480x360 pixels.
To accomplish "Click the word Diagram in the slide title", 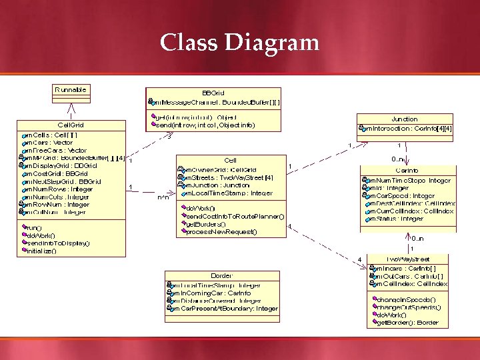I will [x=272, y=43].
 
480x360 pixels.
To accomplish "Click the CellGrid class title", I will [x=71, y=125].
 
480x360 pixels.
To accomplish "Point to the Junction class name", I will [x=405, y=119].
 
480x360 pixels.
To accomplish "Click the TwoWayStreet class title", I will [x=407, y=259].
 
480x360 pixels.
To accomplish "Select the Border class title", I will [x=222, y=275].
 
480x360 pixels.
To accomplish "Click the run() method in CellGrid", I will [x=34, y=227].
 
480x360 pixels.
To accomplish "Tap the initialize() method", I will [x=41, y=251].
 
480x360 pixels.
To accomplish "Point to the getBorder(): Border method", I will [x=407, y=323].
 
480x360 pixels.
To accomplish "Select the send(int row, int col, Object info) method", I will [x=204, y=125].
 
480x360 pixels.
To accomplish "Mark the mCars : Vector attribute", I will [x=50, y=143].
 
